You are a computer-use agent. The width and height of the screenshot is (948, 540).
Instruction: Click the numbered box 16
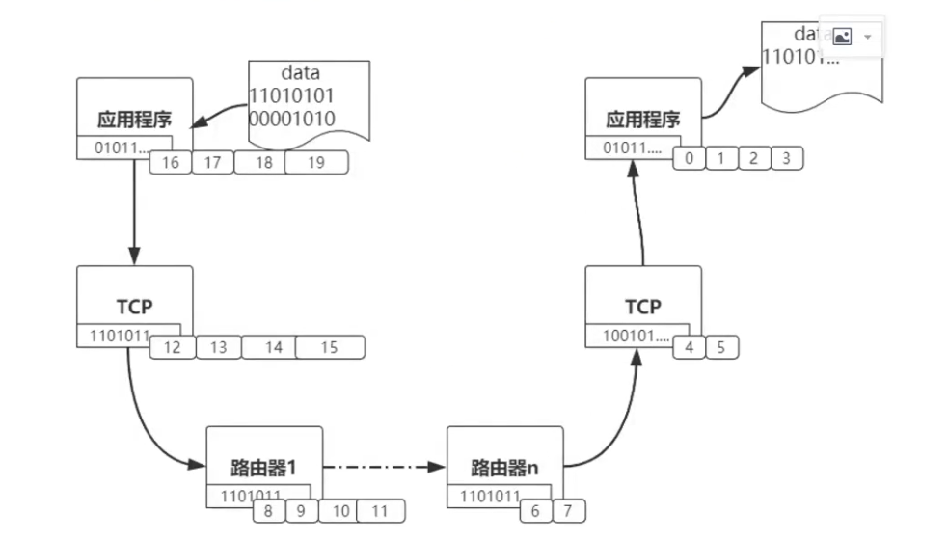tap(171, 163)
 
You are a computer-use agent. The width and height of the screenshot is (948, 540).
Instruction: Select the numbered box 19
tap(315, 163)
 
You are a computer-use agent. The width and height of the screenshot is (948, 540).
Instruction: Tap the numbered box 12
tap(173, 347)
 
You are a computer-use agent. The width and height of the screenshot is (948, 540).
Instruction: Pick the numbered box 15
tap(329, 347)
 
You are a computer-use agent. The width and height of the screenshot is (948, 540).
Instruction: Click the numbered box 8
tap(270, 511)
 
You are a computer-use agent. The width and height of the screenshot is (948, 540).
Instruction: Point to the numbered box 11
tap(380, 511)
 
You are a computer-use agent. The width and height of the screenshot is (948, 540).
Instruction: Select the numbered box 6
tap(536, 511)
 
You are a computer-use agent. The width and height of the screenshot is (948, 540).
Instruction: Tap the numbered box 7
tap(569, 511)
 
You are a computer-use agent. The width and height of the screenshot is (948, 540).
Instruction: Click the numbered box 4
tap(689, 347)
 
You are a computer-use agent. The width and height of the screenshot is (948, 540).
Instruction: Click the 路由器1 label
tap(262, 468)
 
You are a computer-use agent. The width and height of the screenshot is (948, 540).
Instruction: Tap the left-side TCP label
tap(134, 307)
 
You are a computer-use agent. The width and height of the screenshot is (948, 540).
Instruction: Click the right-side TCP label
tap(642, 307)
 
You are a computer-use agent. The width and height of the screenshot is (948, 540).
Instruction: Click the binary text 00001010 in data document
tap(292, 119)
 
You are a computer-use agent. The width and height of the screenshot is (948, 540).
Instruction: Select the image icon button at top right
tap(841, 37)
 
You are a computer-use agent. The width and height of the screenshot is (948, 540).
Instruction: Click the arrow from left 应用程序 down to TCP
tap(134, 212)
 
